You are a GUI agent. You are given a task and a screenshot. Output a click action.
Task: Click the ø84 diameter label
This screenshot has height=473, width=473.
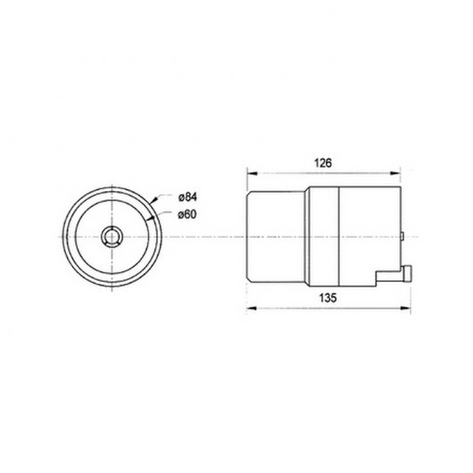188,196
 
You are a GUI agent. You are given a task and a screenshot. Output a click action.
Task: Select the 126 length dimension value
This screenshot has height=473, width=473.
324,163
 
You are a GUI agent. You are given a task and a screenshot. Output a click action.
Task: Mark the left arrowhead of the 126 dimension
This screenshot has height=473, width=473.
250,173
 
